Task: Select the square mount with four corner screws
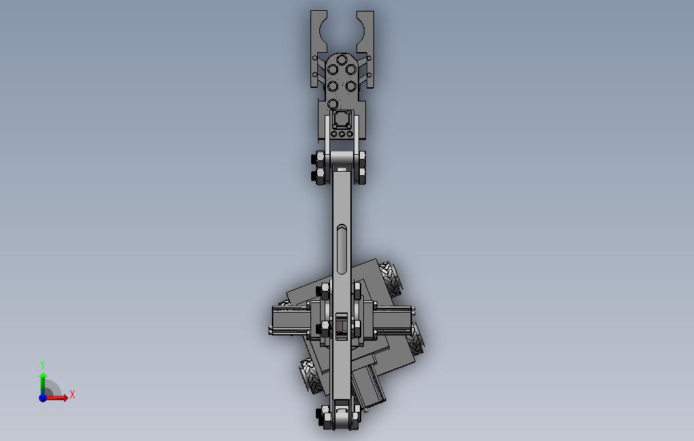tap(342, 120)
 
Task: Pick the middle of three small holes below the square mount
tap(342, 134)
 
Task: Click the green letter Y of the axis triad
tap(43, 365)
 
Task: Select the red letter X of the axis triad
tap(72, 394)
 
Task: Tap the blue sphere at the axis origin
tap(43, 398)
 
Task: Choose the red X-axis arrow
tap(58, 398)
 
